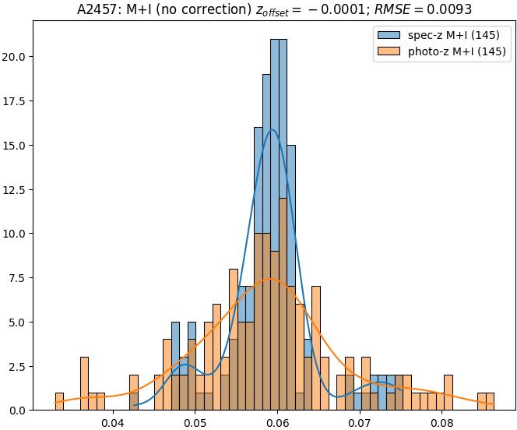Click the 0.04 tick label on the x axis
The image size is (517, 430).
113,423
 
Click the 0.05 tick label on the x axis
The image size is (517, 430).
195,423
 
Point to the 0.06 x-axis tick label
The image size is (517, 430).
277,423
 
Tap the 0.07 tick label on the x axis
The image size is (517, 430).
360,423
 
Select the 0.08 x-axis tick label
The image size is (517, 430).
441,423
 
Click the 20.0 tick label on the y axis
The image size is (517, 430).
17,57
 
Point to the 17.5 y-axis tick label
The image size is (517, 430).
17,101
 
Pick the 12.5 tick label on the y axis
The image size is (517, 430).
17,189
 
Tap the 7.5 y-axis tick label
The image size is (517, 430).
20,278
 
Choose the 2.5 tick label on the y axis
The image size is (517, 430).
20,366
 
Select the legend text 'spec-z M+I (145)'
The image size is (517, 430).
454,36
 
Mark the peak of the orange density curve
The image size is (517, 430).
269,279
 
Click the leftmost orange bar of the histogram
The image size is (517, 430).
59,401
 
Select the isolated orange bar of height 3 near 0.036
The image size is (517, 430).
84,383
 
